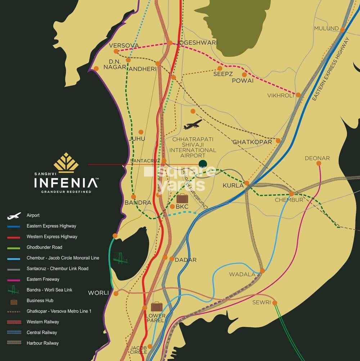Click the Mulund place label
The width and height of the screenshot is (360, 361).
[326, 28]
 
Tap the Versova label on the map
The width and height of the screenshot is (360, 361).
[123, 45]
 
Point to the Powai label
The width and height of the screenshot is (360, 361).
[243, 81]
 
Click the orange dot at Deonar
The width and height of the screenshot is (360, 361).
[319, 163]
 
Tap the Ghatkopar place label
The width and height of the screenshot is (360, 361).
[252, 142]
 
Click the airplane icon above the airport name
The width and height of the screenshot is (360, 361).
[193, 125]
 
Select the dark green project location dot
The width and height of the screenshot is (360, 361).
[203, 164]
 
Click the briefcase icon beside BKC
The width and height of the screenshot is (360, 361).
[182, 198]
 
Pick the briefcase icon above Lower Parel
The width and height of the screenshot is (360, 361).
[157, 307]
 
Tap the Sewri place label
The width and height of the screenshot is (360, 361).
[261, 302]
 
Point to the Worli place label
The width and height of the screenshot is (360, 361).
[98, 293]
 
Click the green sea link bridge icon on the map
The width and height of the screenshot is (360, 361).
[121, 258]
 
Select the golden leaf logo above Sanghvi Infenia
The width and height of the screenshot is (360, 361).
[66, 162]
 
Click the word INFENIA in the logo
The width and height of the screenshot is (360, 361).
[66, 183]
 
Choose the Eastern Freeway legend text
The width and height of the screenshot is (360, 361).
[43, 279]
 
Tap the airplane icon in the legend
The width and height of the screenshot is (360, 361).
[14, 216]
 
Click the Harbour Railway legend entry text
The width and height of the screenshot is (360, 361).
[42, 343]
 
